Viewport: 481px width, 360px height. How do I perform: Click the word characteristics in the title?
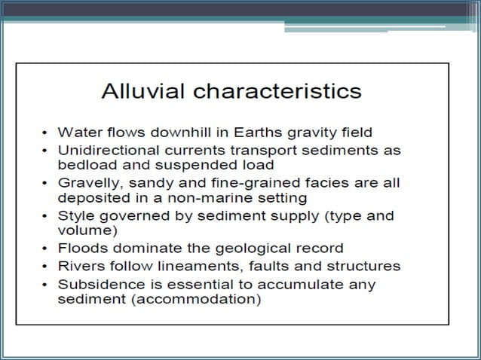(x=277, y=92)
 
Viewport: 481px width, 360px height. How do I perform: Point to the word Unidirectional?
(x=109, y=149)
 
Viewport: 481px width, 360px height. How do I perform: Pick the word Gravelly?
(x=87, y=183)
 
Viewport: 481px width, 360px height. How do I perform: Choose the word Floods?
(x=80, y=247)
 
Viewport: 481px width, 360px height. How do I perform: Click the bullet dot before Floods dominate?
(x=47, y=248)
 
